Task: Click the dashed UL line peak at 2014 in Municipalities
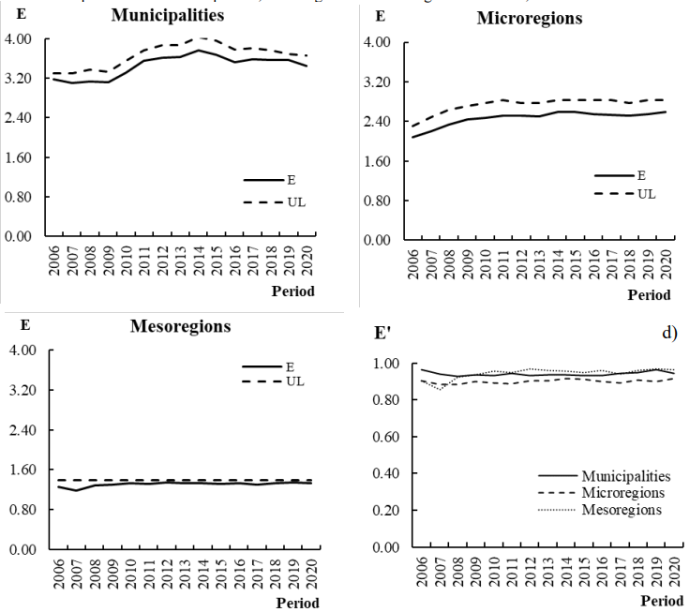[200, 38]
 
